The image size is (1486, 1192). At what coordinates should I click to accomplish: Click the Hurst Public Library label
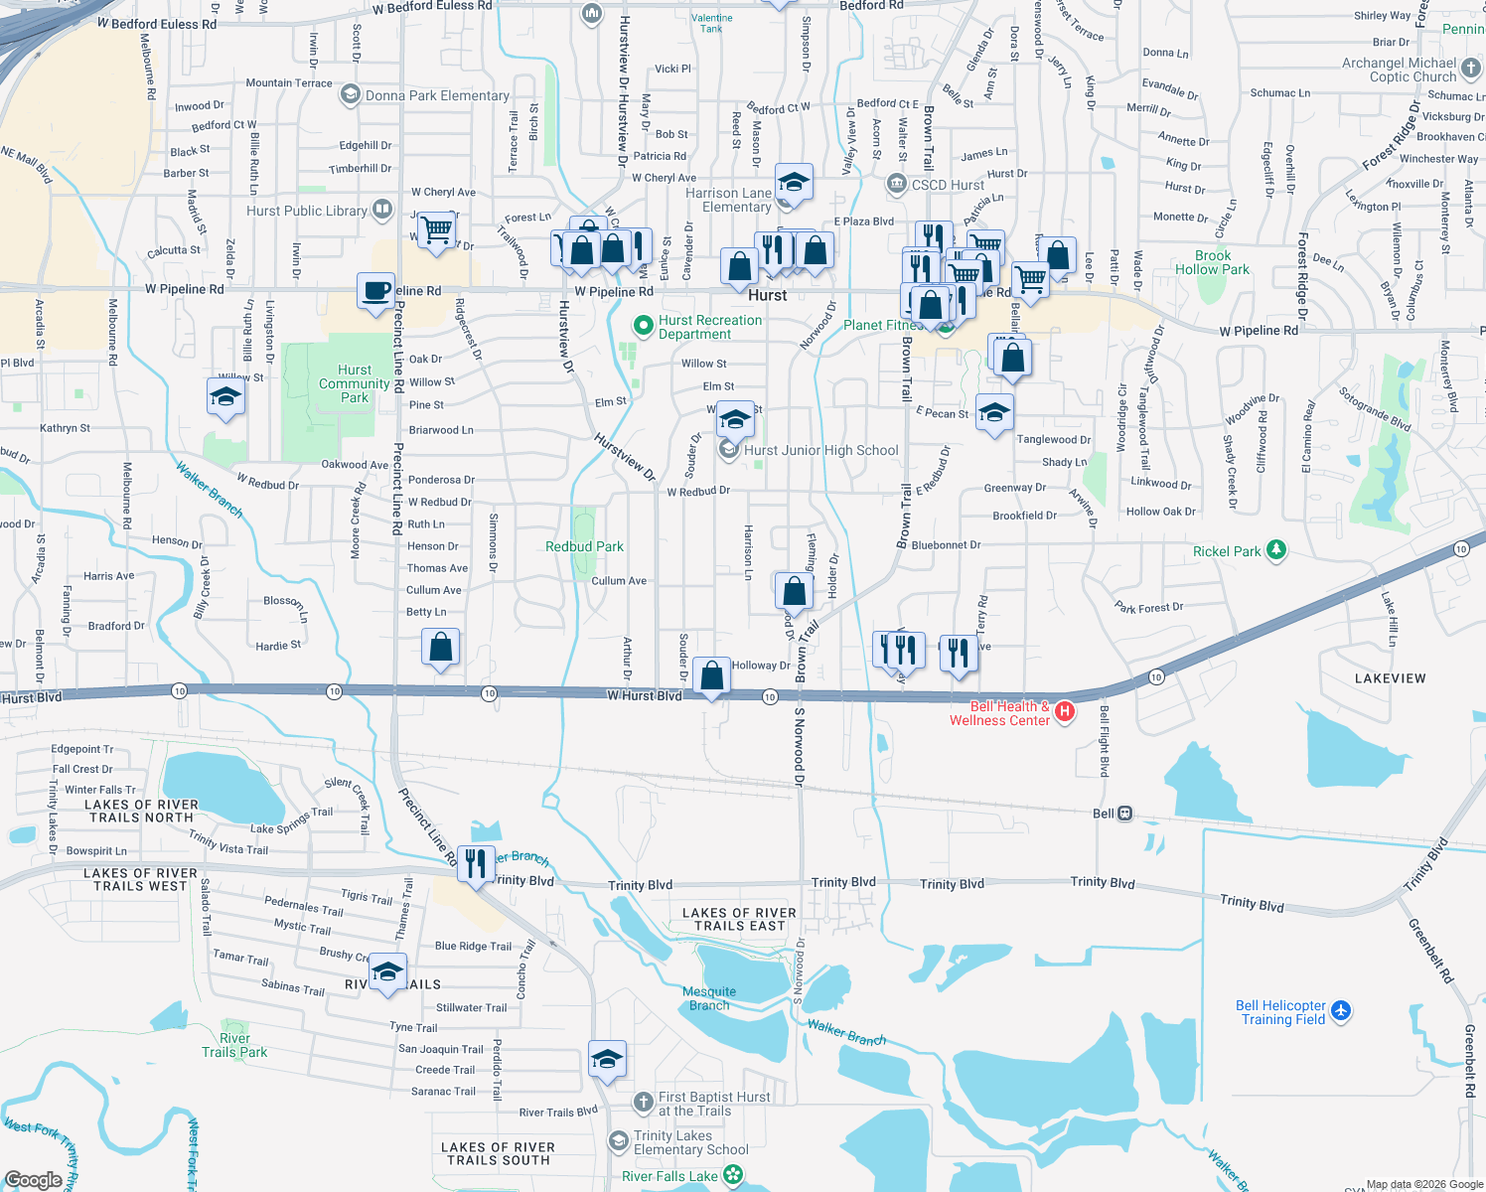click(x=307, y=211)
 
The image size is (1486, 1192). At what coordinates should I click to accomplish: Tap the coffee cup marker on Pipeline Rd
click(x=375, y=292)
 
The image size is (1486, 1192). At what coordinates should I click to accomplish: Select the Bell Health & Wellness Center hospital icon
click(x=1064, y=711)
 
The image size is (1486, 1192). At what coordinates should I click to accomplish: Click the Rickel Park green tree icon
click(x=1276, y=550)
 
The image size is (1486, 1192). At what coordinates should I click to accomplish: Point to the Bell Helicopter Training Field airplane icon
click(x=1341, y=1010)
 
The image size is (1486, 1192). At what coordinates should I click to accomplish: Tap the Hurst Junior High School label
click(x=820, y=451)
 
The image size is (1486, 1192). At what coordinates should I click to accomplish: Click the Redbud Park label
click(x=584, y=546)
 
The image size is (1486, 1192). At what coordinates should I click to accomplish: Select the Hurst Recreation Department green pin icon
click(x=644, y=325)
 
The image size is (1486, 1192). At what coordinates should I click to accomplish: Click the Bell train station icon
click(x=1124, y=814)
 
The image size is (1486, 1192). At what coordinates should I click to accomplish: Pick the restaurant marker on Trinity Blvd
click(x=476, y=863)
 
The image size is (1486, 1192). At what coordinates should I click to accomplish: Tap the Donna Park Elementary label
click(x=437, y=96)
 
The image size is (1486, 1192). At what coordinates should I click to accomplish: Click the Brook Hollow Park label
click(x=1212, y=262)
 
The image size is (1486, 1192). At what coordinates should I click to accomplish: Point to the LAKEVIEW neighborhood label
click(x=1390, y=678)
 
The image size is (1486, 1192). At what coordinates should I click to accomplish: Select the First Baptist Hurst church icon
click(x=644, y=1102)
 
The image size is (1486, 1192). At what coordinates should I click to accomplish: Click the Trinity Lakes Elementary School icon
click(x=619, y=1139)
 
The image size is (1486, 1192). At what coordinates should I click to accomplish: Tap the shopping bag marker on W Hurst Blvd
click(x=711, y=676)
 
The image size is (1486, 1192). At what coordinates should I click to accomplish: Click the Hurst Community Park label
click(x=354, y=383)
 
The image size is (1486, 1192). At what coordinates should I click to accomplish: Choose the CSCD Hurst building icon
click(x=896, y=184)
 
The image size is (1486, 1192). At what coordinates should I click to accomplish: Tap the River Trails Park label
click(x=234, y=1045)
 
